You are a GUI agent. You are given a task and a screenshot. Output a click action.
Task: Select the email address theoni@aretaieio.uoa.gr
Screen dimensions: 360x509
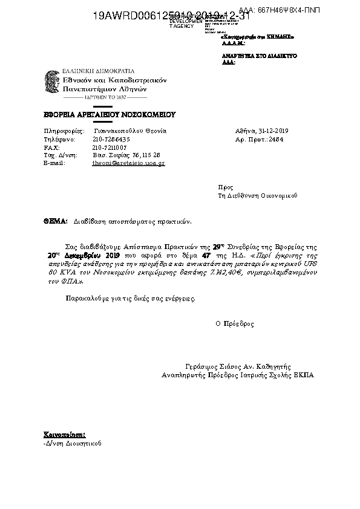128,163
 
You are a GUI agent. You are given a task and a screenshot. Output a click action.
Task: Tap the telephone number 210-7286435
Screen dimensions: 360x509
111,139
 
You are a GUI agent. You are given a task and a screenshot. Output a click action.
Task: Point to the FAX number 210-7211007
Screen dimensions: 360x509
110,147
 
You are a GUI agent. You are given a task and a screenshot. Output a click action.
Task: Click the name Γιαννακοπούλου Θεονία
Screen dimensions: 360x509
130,131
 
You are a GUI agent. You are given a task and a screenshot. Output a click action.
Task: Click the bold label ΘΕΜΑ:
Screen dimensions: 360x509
55,222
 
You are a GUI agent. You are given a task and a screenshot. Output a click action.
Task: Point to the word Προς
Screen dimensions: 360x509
224,187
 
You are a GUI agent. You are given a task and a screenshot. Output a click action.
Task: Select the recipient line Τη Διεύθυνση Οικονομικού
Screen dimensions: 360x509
258,196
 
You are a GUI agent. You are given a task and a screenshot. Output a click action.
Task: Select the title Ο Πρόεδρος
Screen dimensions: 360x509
235,324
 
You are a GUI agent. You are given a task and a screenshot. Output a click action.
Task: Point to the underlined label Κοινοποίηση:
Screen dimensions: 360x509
64,435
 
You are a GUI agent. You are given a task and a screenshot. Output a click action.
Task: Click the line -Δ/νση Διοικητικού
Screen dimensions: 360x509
69,443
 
